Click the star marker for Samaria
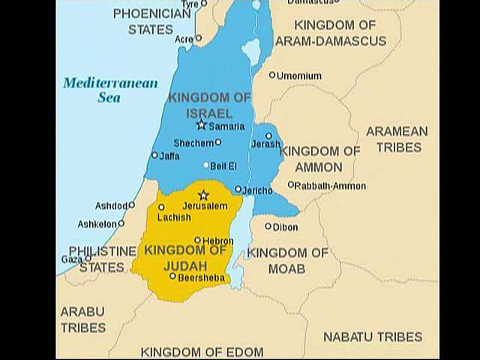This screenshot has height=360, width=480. pos(201,125)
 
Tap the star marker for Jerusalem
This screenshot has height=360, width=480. pos(202,195)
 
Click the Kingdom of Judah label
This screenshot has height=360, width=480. pos(184,257)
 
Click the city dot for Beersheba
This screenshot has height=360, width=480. pos(172,276)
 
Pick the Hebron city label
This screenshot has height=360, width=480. pos(218,241)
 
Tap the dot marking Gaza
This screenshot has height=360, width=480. pos(88,259)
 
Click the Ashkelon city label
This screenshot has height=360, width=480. pos(97,223)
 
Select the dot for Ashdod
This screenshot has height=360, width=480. pos(131,205)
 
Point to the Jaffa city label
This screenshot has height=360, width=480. pos(169,156)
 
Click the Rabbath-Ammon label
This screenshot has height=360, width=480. pos(330,185)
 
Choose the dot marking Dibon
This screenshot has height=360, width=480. pos(268,226)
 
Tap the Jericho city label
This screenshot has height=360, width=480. pos(258,190)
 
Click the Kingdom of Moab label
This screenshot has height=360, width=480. pos(288,260)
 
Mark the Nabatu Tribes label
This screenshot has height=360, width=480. pos(373,337)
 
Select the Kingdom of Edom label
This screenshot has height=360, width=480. pos(202,352)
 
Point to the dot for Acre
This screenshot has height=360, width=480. pos(198,37)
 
